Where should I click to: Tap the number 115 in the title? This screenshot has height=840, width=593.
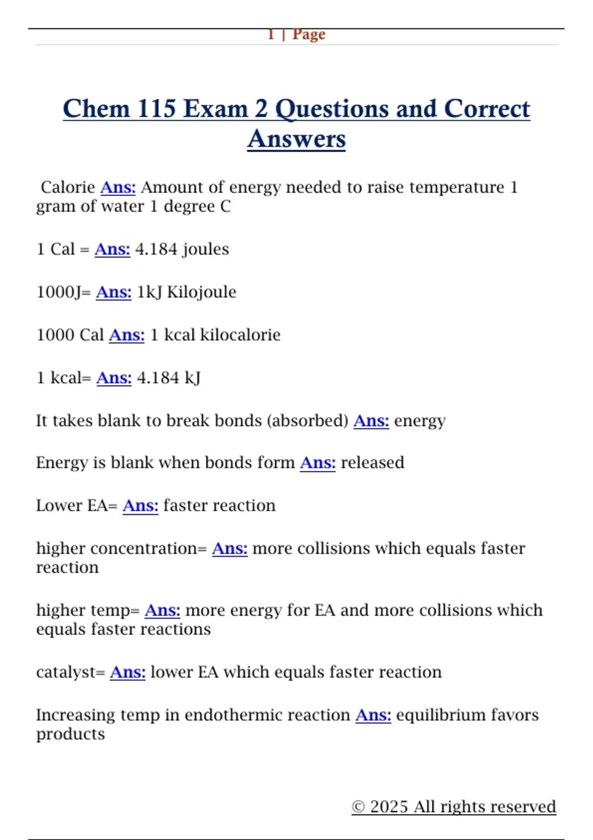[156, 109]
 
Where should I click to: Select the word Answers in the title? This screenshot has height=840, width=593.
[296, 139]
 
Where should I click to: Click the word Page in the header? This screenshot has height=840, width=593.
[309, 34]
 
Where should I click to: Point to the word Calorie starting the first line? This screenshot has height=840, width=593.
[68, 187]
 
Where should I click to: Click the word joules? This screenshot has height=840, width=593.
[206, 249]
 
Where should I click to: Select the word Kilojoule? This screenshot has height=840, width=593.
[202, 292]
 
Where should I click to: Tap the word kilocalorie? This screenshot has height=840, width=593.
[240, 335]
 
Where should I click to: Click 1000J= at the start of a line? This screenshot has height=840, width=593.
[64, 292]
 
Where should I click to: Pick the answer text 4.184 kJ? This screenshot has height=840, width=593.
[169, 378]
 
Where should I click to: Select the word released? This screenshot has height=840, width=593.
[373, 462]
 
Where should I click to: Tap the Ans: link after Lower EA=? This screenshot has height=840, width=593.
[140, 505]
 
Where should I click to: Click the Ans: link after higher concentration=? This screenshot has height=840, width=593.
[230, 548]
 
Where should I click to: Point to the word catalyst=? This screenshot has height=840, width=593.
[71, 672]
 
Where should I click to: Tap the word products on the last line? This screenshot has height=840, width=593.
[71, 734]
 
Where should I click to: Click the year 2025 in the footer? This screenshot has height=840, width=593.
[389, 806]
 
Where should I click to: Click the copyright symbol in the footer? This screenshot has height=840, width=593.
[358, 807]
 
